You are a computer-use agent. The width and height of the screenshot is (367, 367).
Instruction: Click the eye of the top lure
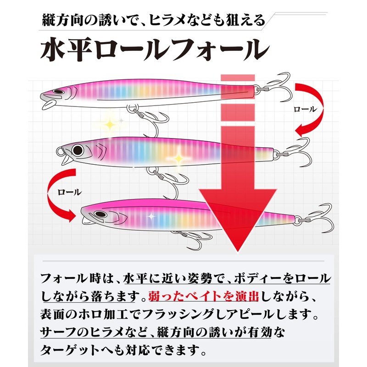point(58,91)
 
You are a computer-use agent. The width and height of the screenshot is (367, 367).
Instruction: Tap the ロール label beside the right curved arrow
point(305,109)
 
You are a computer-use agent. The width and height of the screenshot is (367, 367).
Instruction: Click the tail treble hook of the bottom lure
point(318,216)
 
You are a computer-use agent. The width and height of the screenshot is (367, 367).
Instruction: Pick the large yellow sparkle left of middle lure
point(111,124)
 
